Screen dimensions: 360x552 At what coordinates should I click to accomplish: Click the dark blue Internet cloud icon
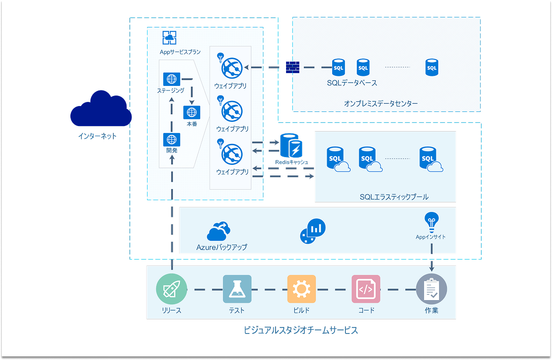coord(101,109)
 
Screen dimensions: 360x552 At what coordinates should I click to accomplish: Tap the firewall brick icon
coord(292,68)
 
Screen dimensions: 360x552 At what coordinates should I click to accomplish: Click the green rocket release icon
coord(172,289)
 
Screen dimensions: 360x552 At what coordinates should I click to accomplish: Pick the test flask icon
coord(237,289)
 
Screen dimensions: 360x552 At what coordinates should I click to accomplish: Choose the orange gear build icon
coord(302,289)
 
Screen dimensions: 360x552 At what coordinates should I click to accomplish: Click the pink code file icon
coord(366,289)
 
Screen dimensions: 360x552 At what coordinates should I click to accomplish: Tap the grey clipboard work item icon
coord(431,289)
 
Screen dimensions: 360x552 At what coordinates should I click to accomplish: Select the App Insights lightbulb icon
coord(431,222)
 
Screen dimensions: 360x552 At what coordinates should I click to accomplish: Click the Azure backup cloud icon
coord(219,232)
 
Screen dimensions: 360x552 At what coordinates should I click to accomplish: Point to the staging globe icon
coord(171,79)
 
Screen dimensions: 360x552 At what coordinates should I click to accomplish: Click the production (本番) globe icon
coord(191,112)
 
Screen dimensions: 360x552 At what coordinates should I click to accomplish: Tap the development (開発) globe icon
coord(171,139)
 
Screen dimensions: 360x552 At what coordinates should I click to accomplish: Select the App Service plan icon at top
coord(170,37)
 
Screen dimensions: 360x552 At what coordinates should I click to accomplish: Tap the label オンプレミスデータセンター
coord(381,104)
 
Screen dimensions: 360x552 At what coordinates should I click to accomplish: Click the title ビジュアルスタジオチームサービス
coord(301,330)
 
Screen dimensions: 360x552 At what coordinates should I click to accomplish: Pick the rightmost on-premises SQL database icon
coord(431,68)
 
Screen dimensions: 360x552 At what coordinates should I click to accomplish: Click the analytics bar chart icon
coord(313,231)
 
